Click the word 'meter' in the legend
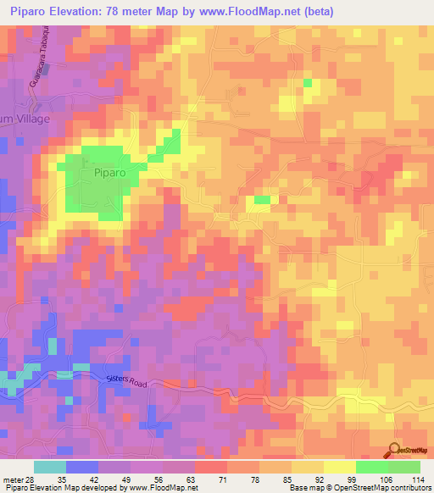pyautogui.click(x=13, y=478)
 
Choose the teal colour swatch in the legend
pyautogui.click(x=49, y=466)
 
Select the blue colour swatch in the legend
pyautogui.click(x=81, y=466)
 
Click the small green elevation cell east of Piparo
pyautogui.click(x=263, y=200)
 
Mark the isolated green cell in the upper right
pyautogui.click(x=308, y=83)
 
